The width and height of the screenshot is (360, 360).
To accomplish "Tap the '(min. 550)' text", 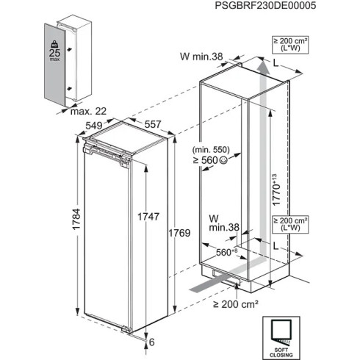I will click(x=226, y=150).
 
